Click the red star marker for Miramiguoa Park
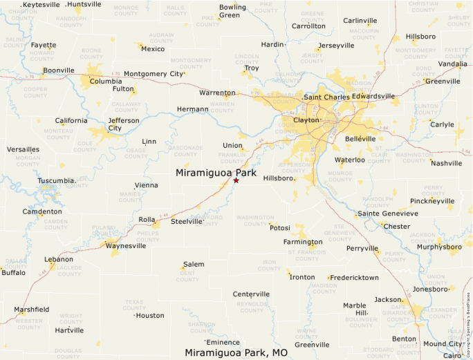tap(236, 180)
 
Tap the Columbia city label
tap(106, 81)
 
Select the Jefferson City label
tap(124, 124)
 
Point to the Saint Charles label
tap(327, 97)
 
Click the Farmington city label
tap(302, 243)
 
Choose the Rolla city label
tap(147, 220)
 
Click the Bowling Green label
tap(232, 11)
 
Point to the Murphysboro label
tap(439, 247)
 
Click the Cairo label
tap(452, 355)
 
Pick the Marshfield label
tap(32, 310)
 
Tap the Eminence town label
tap(223, 342)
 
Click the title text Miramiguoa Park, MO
tap(236, 352)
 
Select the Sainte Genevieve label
tap(387, 214)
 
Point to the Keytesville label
tap(41, 4)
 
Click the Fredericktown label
tap(354, 277)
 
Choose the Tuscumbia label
tap(56, 181)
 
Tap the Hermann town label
tap(193, 109)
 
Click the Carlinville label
tap(360, 21)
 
